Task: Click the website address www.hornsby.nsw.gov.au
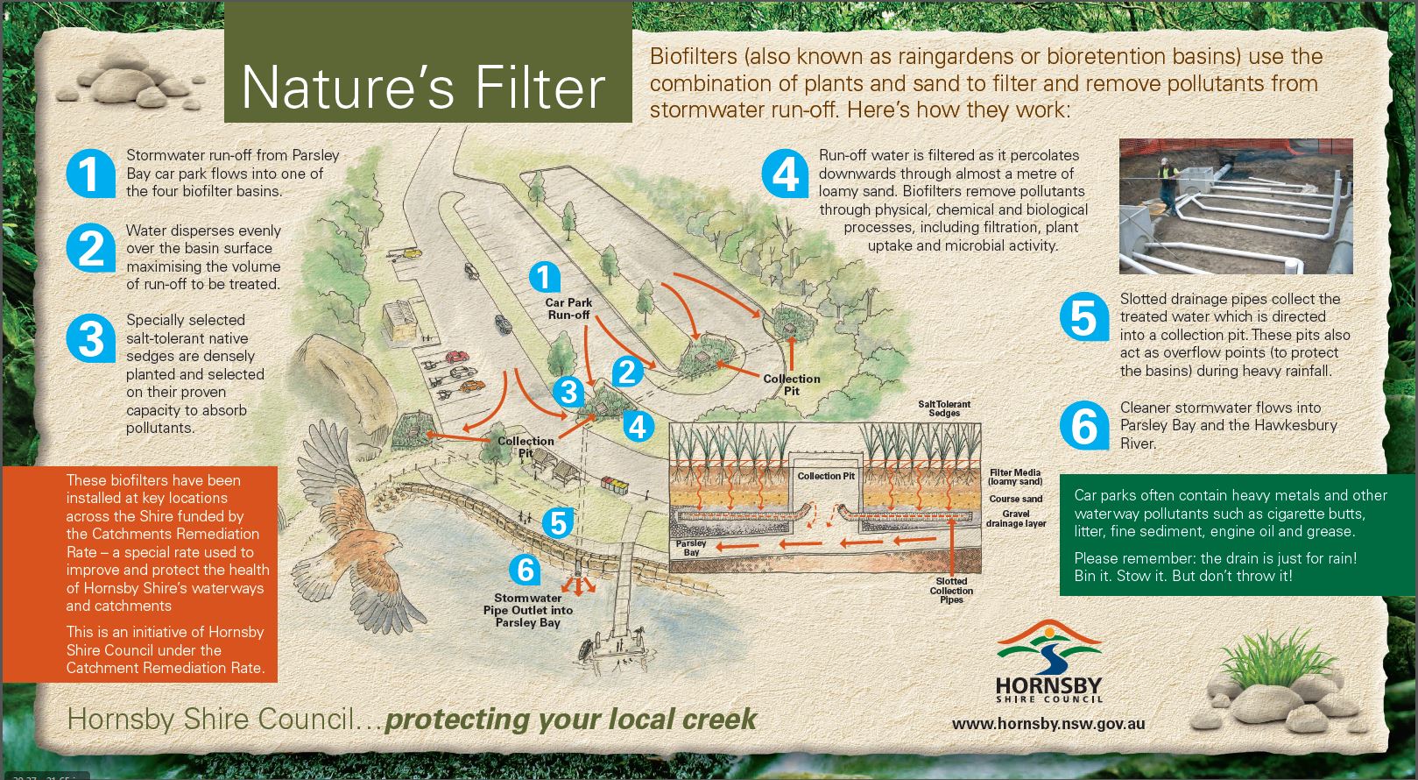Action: [x=1048, y=724]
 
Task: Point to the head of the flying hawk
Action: [x=389, y=541]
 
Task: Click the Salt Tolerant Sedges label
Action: [x=944, y=408]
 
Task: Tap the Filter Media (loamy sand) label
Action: [x=1015, y=477]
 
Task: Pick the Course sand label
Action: [x=1015, y=499]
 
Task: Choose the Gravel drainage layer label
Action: [x=1016, y=518]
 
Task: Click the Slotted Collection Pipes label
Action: [x=951, y=590]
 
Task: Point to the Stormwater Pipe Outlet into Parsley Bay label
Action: [x=528, y=610]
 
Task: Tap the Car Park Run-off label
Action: [x=568, y=308]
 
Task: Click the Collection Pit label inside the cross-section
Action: [x=825, y=476]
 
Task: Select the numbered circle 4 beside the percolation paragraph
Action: [x=786, y=174]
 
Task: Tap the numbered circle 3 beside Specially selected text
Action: [x=91, y=337]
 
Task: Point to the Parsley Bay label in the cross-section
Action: [x=691, y=548]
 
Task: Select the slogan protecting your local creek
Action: [x=570, y=720]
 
